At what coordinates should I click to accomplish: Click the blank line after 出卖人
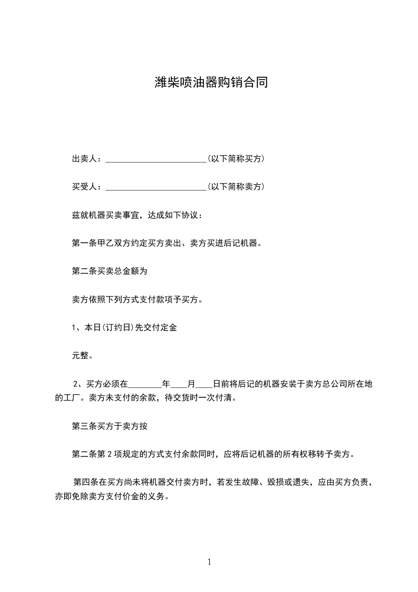tap(156, 159)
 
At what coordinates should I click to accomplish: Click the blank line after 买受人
tap(156, 187)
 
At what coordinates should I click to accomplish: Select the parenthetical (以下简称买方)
tap(236, 159)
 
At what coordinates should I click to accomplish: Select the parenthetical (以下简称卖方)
tap(236, 187)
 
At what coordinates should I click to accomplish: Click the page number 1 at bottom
tap(209, 562)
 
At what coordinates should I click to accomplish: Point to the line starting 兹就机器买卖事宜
tap(136, 215)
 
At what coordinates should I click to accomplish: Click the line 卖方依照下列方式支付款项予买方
tap(137, 300)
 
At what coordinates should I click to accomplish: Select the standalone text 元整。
tap(83, 356)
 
